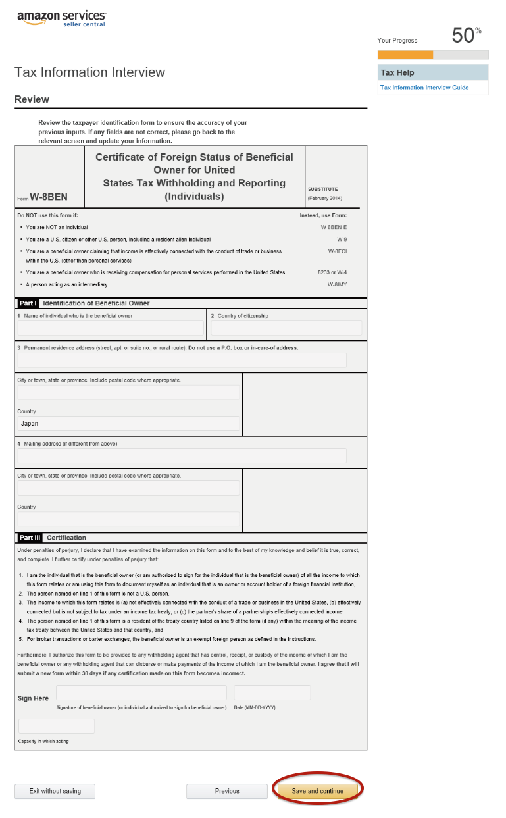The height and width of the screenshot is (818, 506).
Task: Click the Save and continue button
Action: click(x=317, y=791)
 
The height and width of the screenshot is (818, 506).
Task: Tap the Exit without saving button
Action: click(x=55, y=791)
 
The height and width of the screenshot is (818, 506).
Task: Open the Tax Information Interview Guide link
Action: click(x=424, y=88)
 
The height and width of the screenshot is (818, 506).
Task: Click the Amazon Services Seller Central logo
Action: click(x=61, y=18)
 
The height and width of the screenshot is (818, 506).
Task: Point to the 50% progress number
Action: click(x=464, y=36)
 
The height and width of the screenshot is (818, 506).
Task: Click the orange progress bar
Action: click(x=405, y=55)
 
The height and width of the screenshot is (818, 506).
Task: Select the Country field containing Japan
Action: click(x=128, y=424)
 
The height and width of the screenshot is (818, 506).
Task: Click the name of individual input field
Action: click(x=111, y=328)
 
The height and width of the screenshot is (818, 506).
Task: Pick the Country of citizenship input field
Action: click(x=286, y=328)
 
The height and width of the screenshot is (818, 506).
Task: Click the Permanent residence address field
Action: click(x=182, y=360)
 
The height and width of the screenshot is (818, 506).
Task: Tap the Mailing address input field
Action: click(x=182, y=455)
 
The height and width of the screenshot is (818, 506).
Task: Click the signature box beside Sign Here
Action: click(x=141, y=692)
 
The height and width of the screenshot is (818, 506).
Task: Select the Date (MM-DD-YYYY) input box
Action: click(x=272, y=692)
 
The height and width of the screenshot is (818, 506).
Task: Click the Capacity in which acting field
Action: click(x=57, y=726)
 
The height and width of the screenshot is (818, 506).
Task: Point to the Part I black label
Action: click(x=28, y=303)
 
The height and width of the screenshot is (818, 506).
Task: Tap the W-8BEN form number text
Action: click(x=48, y=197)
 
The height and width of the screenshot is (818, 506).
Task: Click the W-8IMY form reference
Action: click(x=337, y=284)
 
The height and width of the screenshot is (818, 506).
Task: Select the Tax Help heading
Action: click(x=397, y=72)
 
